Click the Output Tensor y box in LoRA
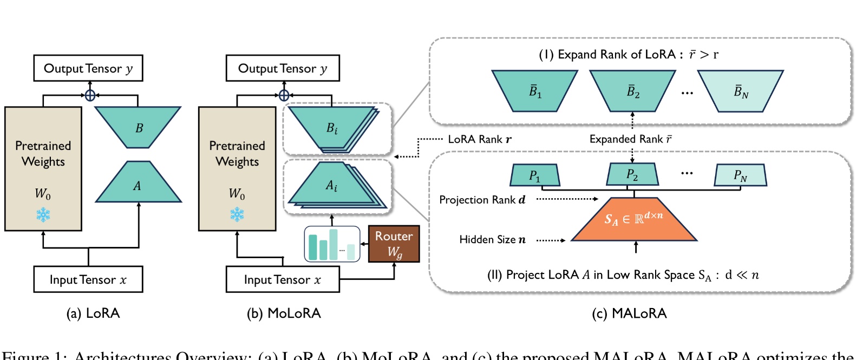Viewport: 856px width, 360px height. tap(88, 68)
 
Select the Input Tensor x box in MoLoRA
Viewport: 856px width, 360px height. tap(283, 279)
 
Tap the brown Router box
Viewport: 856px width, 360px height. tap(394, 244)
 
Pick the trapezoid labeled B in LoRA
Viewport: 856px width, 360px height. tap(138, 127)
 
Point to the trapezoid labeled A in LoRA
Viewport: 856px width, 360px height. tap(138, 185)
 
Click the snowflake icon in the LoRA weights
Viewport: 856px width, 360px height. tap(43, 215)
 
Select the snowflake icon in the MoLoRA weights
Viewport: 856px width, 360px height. tap(237, 215)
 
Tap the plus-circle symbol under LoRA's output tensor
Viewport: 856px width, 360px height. tap(90, 95)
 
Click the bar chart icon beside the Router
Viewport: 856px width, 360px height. tap(332, 244)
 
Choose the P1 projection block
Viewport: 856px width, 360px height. tap(534, 175)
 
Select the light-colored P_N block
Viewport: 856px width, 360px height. tap(740, 175)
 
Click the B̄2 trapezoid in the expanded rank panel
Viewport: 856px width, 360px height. tap(632, 91)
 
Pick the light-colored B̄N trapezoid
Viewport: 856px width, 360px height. tap(740, 91)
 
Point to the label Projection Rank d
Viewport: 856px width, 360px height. tap(482, 200)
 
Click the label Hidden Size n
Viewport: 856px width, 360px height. tap(492, 239)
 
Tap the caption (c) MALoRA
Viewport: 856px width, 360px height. tap(629, 313)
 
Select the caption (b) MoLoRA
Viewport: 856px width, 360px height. tap(284, 313)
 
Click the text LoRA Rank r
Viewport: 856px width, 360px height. tap(479, 139)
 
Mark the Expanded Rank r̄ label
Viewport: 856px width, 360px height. tap(631, 139)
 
